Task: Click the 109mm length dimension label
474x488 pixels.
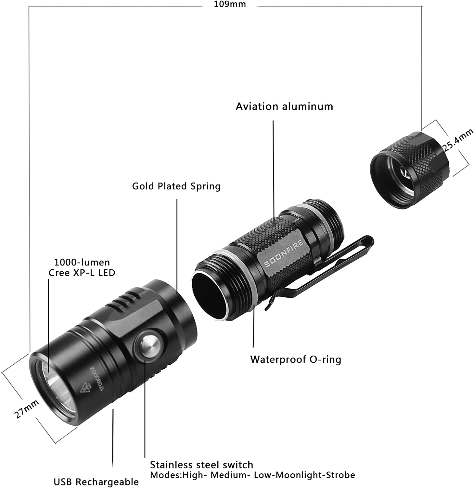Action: click(x=230, y=4)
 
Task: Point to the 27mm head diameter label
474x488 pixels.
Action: click(x=26, y=409)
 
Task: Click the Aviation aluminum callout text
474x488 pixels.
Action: click(x=284, y=107)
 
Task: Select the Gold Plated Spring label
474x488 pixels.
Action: click(x=176, y=186)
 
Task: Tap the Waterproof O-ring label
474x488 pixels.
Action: click(x=296, y=359)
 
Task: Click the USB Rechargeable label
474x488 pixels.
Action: click(x=96, y=482)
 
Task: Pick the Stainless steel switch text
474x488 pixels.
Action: click(x=201, y=465)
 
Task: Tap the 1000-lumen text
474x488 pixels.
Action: click(x=82, y=262)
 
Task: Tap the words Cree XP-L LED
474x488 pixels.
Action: click(x=82, y=273)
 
